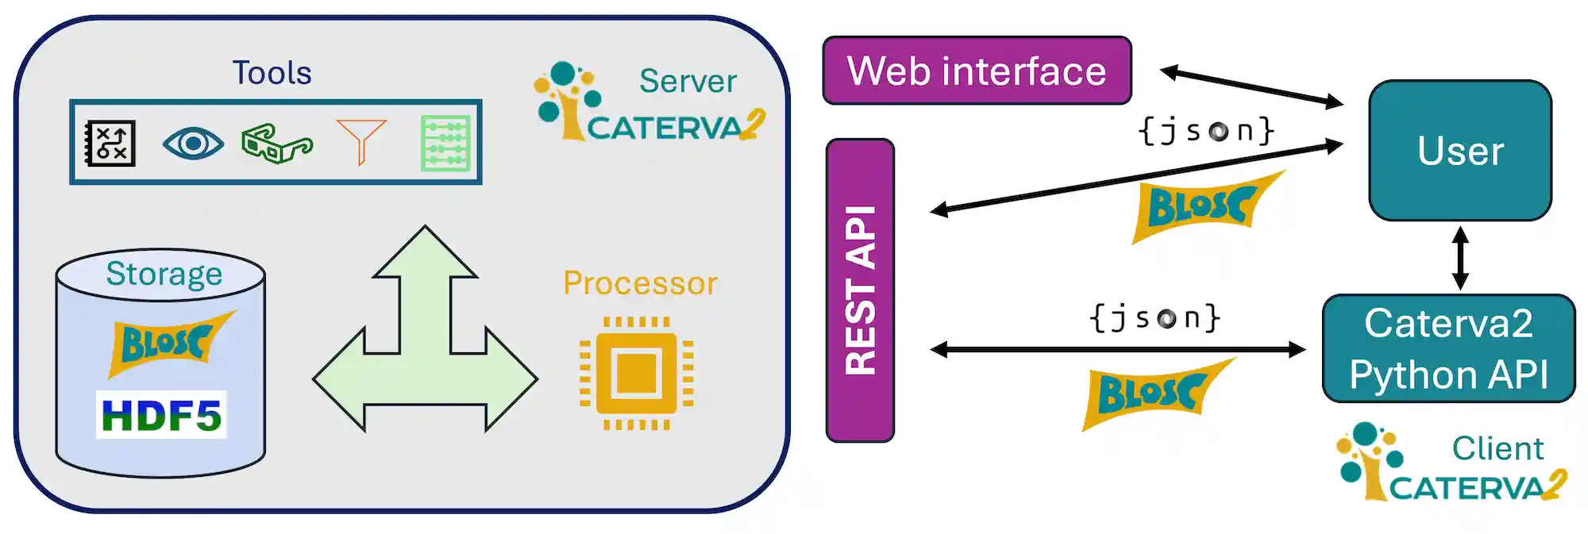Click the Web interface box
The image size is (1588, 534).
(x=977, y=71)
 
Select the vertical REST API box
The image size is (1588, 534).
(x=860, y=290)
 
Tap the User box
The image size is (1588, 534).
(x=1459, y=150)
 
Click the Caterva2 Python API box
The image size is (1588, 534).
(x=1448, y=348)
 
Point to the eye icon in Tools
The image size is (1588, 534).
(x=193, y=144)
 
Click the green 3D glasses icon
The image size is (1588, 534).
(x=276, y=144)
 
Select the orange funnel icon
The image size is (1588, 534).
(x=361, y=141)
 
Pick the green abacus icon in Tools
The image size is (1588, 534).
(x=445, y=144)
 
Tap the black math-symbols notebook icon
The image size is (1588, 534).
(x=110, y=144)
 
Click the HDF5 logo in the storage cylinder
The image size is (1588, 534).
(x=161, y=414)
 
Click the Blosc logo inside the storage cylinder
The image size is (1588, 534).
(x=168, y=344)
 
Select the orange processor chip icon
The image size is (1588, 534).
(x=636, y=373)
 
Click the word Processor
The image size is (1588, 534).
(x=640, y=283)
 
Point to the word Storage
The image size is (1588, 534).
(x=164, y=274)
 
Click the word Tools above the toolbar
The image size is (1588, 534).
(x=272, y=73)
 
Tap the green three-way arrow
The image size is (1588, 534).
(x=425, y=349)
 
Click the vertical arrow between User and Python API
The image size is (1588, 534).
(x=1459, y=258)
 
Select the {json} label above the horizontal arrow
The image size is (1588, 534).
(x=1154, y=317)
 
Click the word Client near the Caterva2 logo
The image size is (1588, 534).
(x=1497, y=448)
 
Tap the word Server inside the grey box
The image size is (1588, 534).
(x=688, y=81)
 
